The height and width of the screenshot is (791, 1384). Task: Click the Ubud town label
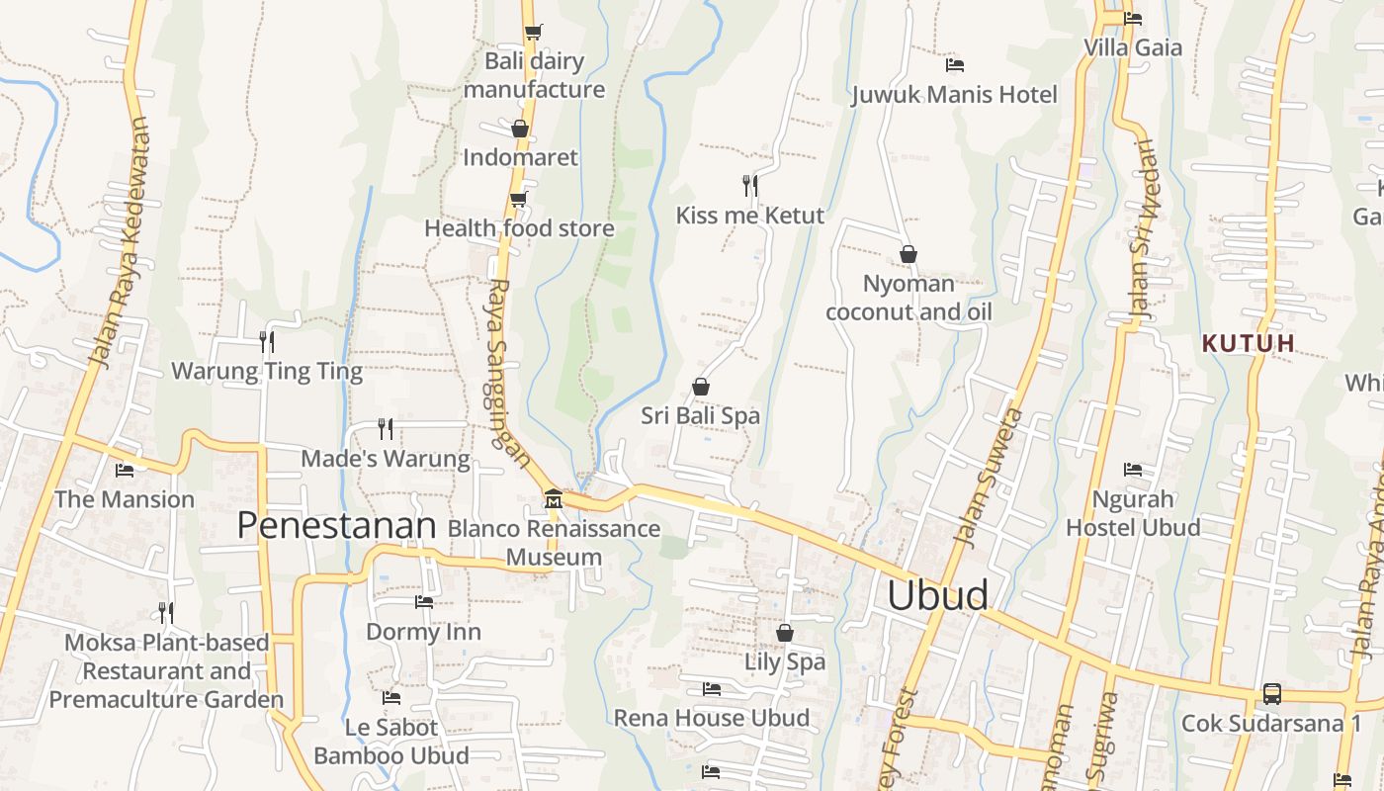pyautogui.click(x=937, y=595)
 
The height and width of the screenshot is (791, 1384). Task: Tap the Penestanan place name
pyautogui.click(x=336, y=526)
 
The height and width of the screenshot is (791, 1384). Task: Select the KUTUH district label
pyautogui.click(x=1249, y=344)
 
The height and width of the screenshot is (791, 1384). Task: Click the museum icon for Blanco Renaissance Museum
pyautogui.click(x=554, y=499)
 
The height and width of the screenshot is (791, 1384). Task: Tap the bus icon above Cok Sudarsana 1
pyautogui.click(x=1271, y=694)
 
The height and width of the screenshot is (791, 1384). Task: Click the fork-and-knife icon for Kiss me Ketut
pyautogui.click(x=750, y=185)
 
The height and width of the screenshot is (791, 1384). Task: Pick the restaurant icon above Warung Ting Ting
pyautogui.click(x=267, y=342)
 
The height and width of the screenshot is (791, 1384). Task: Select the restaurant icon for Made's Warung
pyautogui.click(x=386, y=429)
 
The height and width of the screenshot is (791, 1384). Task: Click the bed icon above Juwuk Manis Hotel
pyautogui.click(x=955, y=65)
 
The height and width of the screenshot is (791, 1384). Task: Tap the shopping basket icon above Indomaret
pyautogui.click(x=520, y=129)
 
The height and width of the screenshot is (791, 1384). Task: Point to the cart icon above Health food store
pyautogui.click(x=518, y=200)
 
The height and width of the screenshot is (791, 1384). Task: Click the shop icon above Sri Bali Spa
pyautogui.click(x=701, y=387)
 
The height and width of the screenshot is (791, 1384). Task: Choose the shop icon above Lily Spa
pyautogui.click(x=785, y=633)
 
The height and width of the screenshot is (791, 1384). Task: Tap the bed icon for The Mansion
pyautogui.click(x=125, y=471)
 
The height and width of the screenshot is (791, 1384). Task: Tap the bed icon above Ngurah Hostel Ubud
pyautogui.click(x=1133, y=470)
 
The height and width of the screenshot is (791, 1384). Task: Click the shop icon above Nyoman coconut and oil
pyautogui.click(x=908, y=255)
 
